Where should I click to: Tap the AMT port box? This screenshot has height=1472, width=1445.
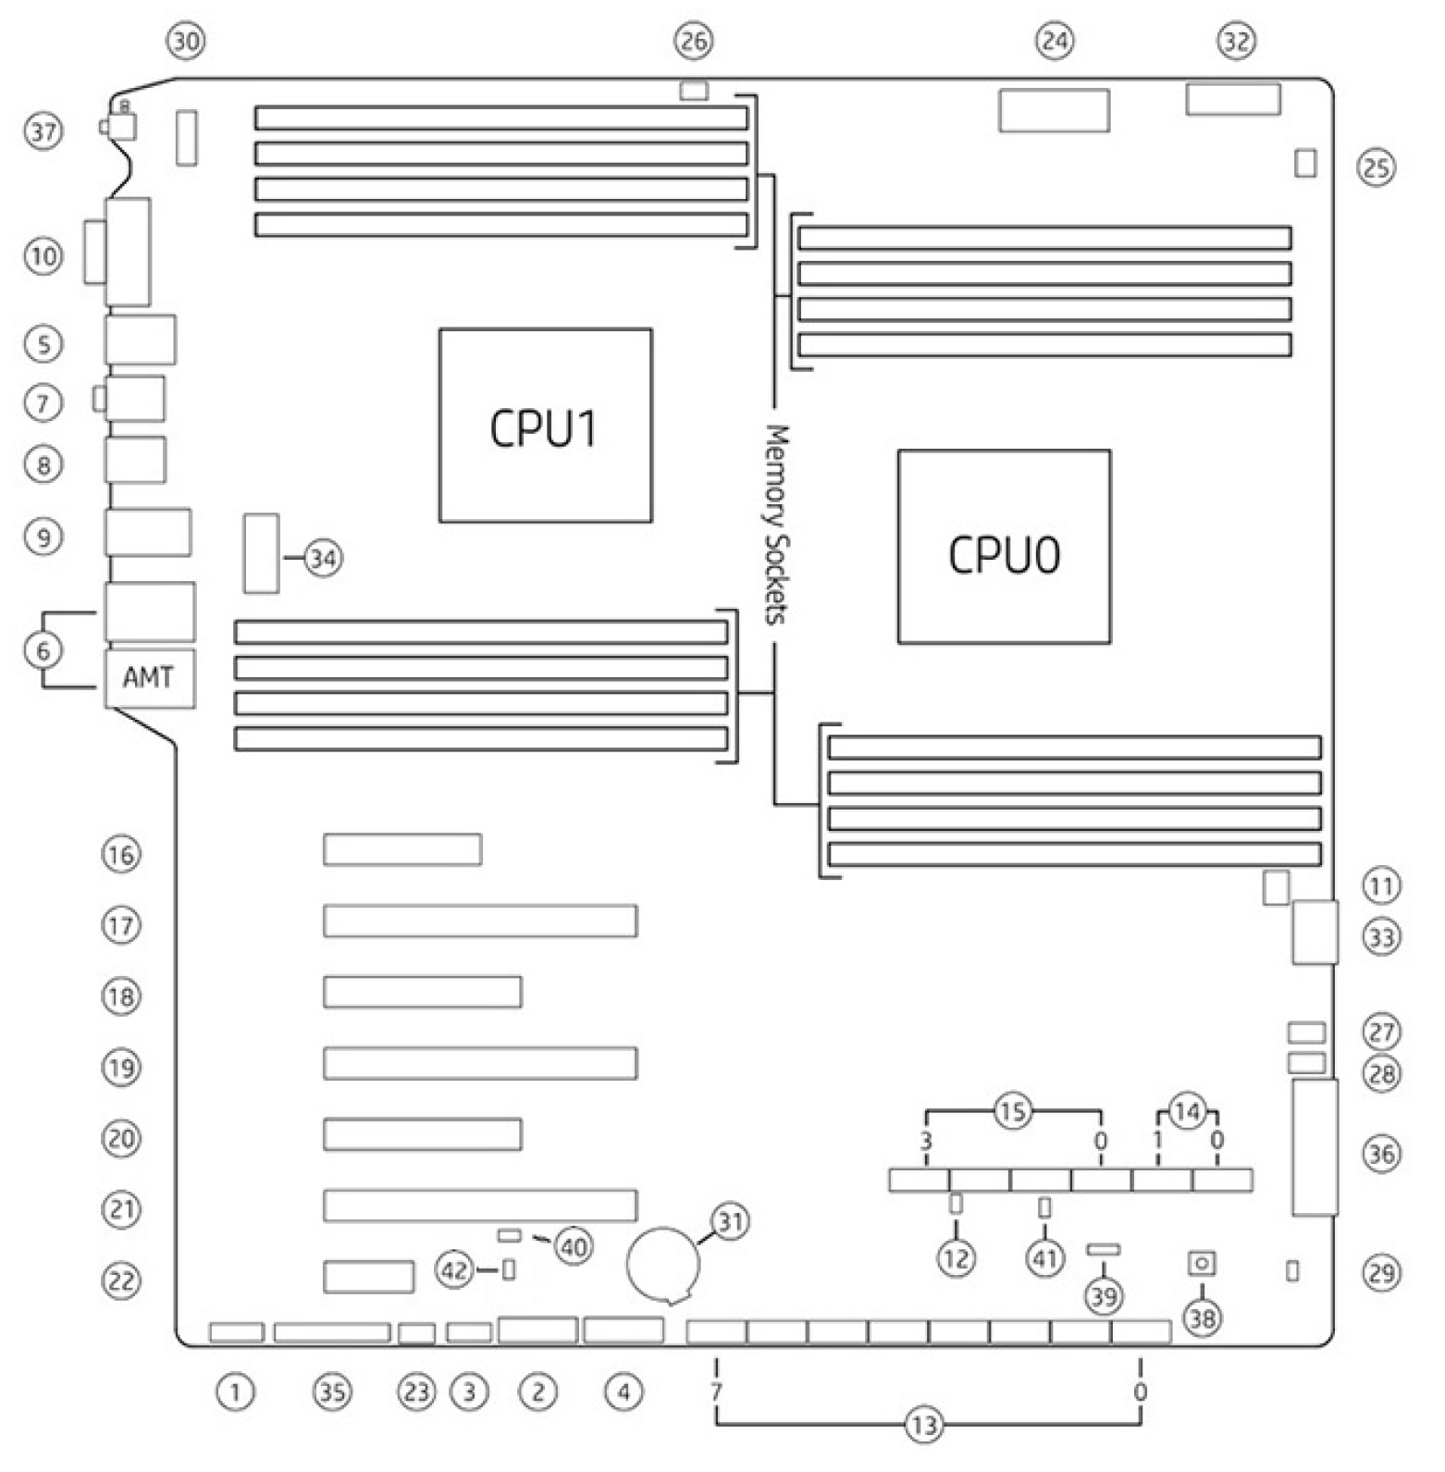(149, 679)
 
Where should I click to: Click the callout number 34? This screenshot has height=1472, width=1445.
(322, 559)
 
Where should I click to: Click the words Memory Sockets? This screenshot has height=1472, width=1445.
(776, 524)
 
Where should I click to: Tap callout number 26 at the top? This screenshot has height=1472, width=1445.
(694, 41)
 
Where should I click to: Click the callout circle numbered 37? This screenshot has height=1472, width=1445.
(43, 131)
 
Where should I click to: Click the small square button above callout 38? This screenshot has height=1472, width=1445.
(1202, 1263)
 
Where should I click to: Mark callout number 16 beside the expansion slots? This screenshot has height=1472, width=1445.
(121, 854)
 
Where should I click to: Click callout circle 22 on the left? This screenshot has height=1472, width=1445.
(121, 1281)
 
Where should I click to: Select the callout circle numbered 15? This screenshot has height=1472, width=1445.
(1012, 1110)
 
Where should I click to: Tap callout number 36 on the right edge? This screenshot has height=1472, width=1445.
(1381, 1154)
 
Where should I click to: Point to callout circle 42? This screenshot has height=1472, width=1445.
(455, 1270)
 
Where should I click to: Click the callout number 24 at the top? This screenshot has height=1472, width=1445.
(1055, 41)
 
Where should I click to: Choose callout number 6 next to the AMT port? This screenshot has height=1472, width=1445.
(43, 650)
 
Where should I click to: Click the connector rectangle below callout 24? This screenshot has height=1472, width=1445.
(1055, 110)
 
